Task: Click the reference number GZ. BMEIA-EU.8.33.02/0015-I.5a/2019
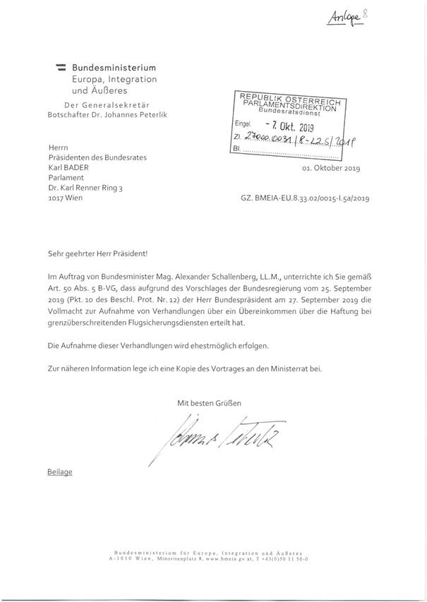[x=305, y=200]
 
